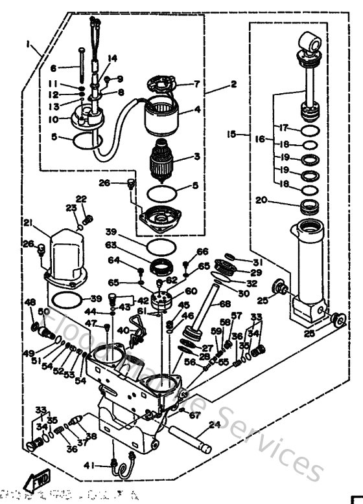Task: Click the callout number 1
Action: pos(29,43)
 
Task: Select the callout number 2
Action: pos(233,83)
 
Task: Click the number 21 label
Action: pos(28,223)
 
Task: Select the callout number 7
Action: pos(197,84)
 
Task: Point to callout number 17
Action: pos(283,127)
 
